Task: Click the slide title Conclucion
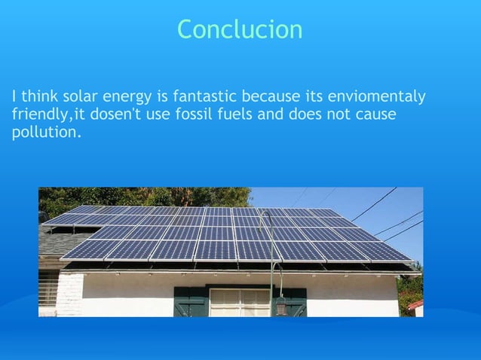tap(240, 29)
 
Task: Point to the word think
tap(36, 97)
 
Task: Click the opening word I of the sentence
tap(14, 97)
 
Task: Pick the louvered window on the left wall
tap(48, 289)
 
